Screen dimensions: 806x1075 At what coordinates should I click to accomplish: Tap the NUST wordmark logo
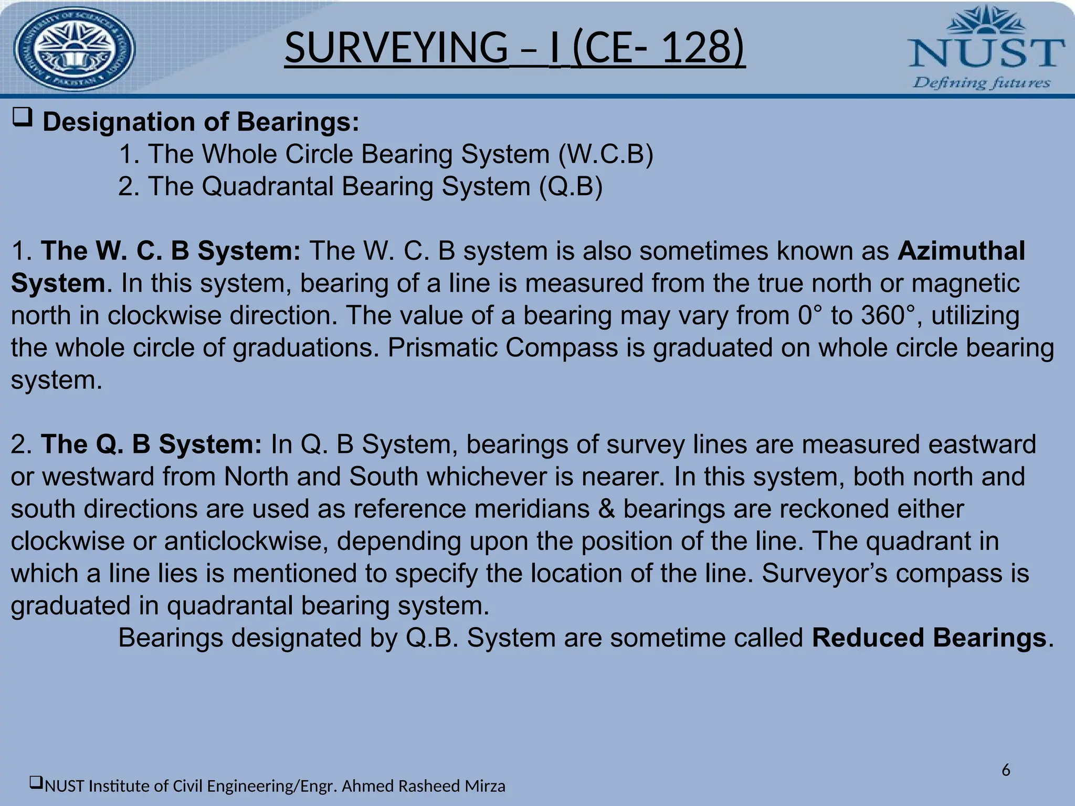point(986,53)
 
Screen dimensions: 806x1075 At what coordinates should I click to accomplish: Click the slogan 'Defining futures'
point(982,83)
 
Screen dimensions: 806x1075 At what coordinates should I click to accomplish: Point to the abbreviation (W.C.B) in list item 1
point(606,154)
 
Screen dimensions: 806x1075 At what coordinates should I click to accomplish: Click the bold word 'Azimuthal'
point(961,251)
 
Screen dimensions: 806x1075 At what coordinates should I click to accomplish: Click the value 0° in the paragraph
point(809,315)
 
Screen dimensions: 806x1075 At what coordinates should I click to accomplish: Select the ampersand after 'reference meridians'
point(606,509)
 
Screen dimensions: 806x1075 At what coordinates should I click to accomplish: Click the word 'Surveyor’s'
point(824,574)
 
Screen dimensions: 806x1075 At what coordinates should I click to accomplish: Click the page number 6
point(1006,770)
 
